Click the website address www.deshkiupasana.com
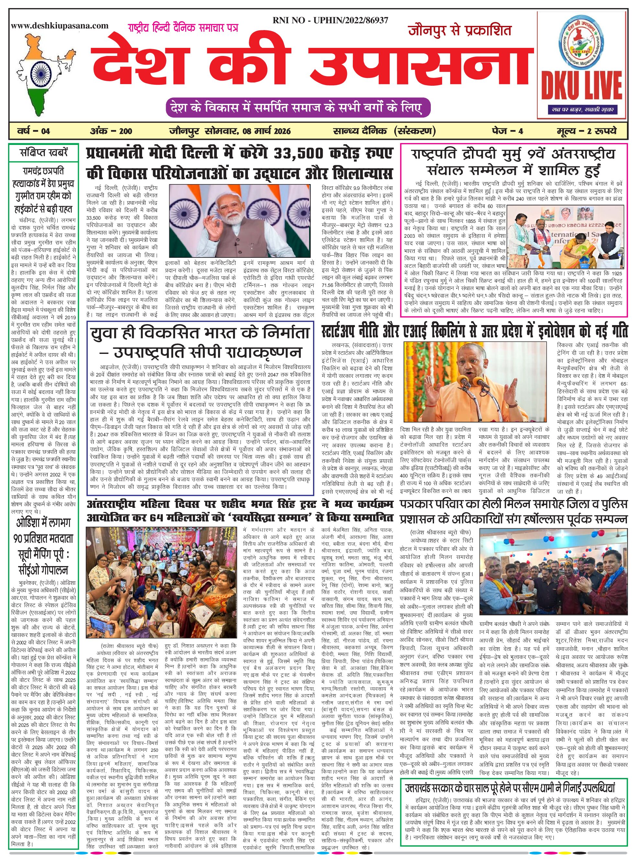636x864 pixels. point(60,26)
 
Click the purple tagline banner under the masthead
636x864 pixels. point(297,108)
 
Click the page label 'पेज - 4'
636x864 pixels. point(507,131)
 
